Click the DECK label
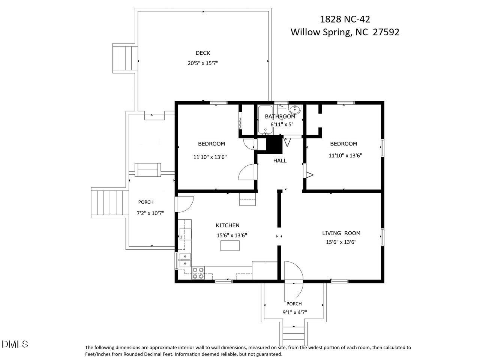(203, 53)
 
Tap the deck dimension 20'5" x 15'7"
(203, 63)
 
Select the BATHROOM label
(280, 117)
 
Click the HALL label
(280, 160)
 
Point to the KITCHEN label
(227, 225)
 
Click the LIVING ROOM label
(341, 233)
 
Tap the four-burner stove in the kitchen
(198, 273)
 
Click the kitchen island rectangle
(230, 246)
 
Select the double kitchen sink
(185, 260)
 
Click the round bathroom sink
(295, 109)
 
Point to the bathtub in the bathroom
(265, 120)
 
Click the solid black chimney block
(274, 144)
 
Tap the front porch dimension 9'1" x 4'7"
(295, 312)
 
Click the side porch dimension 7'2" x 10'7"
(150, 213)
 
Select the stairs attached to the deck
(125, 58)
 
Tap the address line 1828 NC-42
(345, 19)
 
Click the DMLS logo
(15, 344)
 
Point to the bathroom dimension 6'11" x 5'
(282, 124)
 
